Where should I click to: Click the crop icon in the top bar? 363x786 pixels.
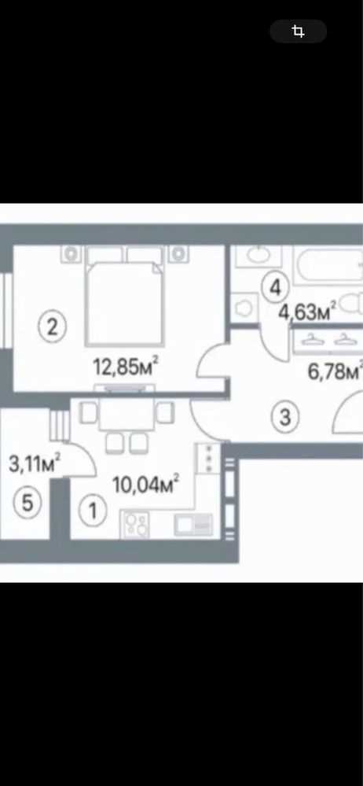click(299, 31)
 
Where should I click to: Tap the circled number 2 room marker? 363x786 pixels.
click(53, 328)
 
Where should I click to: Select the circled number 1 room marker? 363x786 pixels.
click(93, 511)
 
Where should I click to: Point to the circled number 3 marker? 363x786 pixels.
click(285, 416)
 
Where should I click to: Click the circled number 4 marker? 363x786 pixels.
click(274, 288)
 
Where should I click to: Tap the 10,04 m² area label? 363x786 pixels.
click(145, 484)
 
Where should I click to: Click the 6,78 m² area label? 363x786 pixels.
click(334, 372)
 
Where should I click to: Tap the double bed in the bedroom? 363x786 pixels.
click(125, 296)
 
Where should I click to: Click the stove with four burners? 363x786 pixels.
click(134, 524)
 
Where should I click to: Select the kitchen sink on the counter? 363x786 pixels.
click(193, 524)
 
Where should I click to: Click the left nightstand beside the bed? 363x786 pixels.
click(71, 253)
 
